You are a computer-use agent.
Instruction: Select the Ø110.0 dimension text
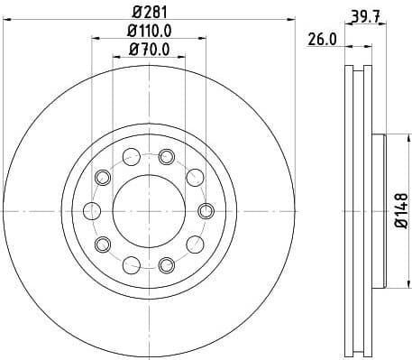coord(149,33)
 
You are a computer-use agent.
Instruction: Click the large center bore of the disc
coord(148,210)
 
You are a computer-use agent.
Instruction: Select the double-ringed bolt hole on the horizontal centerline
coord(205,211)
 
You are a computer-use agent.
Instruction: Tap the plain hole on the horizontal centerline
coord(91,211)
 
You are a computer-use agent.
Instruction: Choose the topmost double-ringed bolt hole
coord(166,156)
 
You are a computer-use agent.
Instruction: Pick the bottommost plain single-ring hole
coord(132,264)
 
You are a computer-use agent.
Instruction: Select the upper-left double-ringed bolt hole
coord(102,177)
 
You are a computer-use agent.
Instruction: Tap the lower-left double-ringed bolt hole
coord(102,245)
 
